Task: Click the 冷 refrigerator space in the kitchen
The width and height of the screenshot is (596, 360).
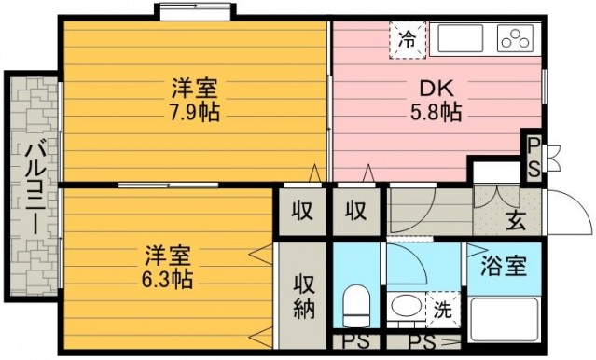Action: click(x=408, y=40)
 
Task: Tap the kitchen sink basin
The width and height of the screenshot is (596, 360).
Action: click(x=461, y=38)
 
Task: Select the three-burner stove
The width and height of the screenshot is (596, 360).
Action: click(x=515, y=38)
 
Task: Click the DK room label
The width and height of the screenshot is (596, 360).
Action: click(x=437, y=89)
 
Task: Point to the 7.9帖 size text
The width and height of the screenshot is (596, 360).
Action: click(x=195, y=112)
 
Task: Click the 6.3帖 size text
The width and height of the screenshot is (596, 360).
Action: click(x=167, y=280)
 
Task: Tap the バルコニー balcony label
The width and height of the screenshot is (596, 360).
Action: click(x=36, y=187)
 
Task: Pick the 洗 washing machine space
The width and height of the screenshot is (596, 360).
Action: click(x=443, y=310)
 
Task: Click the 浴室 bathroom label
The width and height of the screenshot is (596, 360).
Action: click(x=504, y=266)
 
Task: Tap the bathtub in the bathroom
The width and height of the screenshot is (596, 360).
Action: click(x=504, y=320)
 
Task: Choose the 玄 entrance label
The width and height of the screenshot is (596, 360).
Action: click(x=516, y=221)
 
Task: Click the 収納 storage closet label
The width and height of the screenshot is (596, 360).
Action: click(x=304, y=297)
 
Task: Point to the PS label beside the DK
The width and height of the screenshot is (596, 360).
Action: click(x=534, y=157)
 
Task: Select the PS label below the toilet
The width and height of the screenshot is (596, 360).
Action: click(x=356, y=342)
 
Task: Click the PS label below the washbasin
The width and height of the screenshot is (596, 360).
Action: click(x=423, y=342)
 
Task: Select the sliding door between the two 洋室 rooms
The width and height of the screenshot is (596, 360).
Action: click(x=168, y=186)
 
